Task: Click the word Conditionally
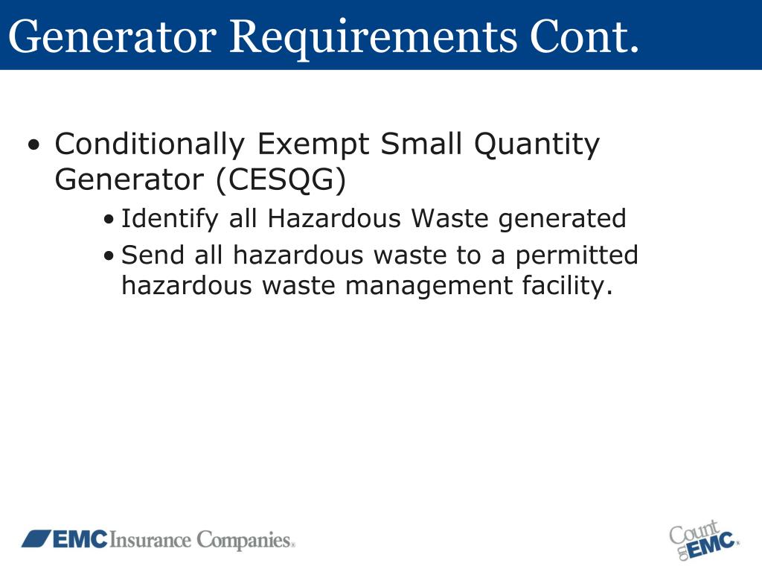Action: click(x=149, y=144)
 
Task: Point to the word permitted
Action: click(x=577, y=256)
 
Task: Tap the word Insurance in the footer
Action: click(x=151, y=540)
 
